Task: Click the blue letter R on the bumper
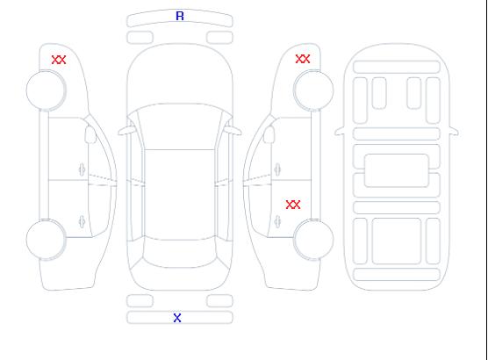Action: click(x=180, y=16)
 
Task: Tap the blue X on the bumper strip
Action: click(x=177, y=318)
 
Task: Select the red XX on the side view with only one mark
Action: click(x=59, y=60)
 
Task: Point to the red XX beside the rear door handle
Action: click(x=293, y=205)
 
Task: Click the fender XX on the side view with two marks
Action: click(x=303, y=59)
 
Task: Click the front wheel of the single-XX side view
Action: click(x=46, y=90)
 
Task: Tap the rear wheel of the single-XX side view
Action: click(x=46, y=240)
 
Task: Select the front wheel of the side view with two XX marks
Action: click(x=313, y=90)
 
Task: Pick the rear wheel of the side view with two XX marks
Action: click(x=313, y=240)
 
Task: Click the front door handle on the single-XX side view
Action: click(x=82, y=169)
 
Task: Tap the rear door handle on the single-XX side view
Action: click(x=82, y=221)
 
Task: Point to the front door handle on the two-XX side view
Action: click(x=277, y=169)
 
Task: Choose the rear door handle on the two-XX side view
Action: click(x=277, y=221)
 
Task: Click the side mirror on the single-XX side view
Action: click(x=90, y=134)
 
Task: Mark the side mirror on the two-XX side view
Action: click(x=269, y=134)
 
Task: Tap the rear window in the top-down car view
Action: click(x=180, y=253)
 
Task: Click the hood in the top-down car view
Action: click(x=180, y=75)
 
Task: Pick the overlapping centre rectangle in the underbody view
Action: click(x=397, y=170)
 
